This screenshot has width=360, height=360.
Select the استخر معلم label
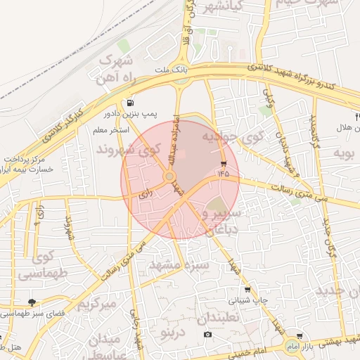(x=110, y=130)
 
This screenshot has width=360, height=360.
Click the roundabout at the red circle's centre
(x=169, y=176)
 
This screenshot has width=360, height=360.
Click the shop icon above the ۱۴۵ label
(x=224, y=164)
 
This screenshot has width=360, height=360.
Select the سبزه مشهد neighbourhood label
(x=179, y=266)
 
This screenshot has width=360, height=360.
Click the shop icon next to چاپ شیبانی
(x=247, y=289)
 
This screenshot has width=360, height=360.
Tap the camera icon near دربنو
(x=207, y=333)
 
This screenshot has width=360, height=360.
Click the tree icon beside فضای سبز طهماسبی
(x=31, y=302)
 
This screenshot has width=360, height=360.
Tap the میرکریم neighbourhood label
(x=96, y=304)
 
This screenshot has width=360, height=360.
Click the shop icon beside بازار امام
(x=300, y=337)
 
